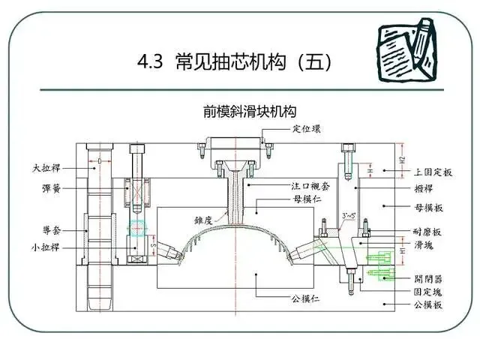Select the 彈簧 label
tap(51, 189)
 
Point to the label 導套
tap(51, 229)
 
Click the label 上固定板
tap(433, 172)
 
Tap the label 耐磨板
tap(428, 233)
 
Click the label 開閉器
tap(428, 278)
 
